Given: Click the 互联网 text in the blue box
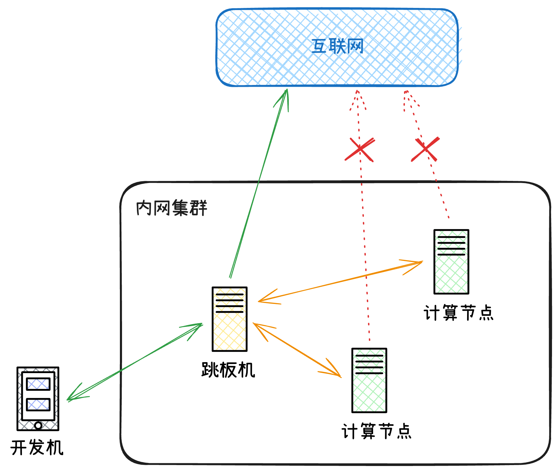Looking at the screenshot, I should point(337,47).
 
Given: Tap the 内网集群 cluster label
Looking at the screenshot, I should point(171,208).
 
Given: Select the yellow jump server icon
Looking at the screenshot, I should point(229,319).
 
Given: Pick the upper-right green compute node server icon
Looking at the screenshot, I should point(451,262).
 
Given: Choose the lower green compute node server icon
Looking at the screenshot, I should point(369,380).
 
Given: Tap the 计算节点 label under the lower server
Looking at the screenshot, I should point(376,431).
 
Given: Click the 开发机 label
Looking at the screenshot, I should point(37,448).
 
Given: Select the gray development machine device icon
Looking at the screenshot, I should point(38,398).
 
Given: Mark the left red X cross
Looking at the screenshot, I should point(359,149).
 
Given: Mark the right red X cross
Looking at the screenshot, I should point(425,149).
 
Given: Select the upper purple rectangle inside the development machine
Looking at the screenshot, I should point(38,384).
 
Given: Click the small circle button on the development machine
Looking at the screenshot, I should point(38,425).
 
